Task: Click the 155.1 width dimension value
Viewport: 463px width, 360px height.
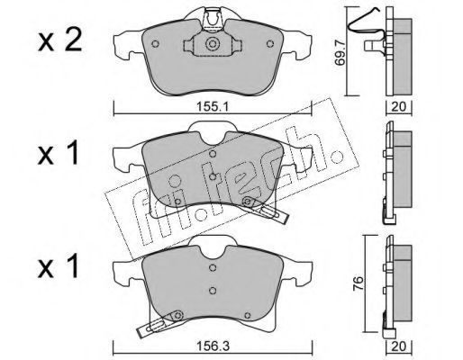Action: (213, 106)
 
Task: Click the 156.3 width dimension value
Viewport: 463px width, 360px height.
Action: (213, 346)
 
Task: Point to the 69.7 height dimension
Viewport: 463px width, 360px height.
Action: (340, 53)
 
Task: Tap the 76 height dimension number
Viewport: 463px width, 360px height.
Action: (358, 283)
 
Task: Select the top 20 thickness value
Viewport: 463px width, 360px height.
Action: (399, 106)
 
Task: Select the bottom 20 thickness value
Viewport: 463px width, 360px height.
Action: (399, 346)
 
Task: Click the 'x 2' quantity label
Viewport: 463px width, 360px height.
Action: (60, 41)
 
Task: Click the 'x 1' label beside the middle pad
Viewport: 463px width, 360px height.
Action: (59, 153)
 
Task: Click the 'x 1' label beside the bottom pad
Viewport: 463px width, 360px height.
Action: (59, 265)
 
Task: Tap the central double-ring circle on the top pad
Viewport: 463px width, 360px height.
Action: (213, 44)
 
